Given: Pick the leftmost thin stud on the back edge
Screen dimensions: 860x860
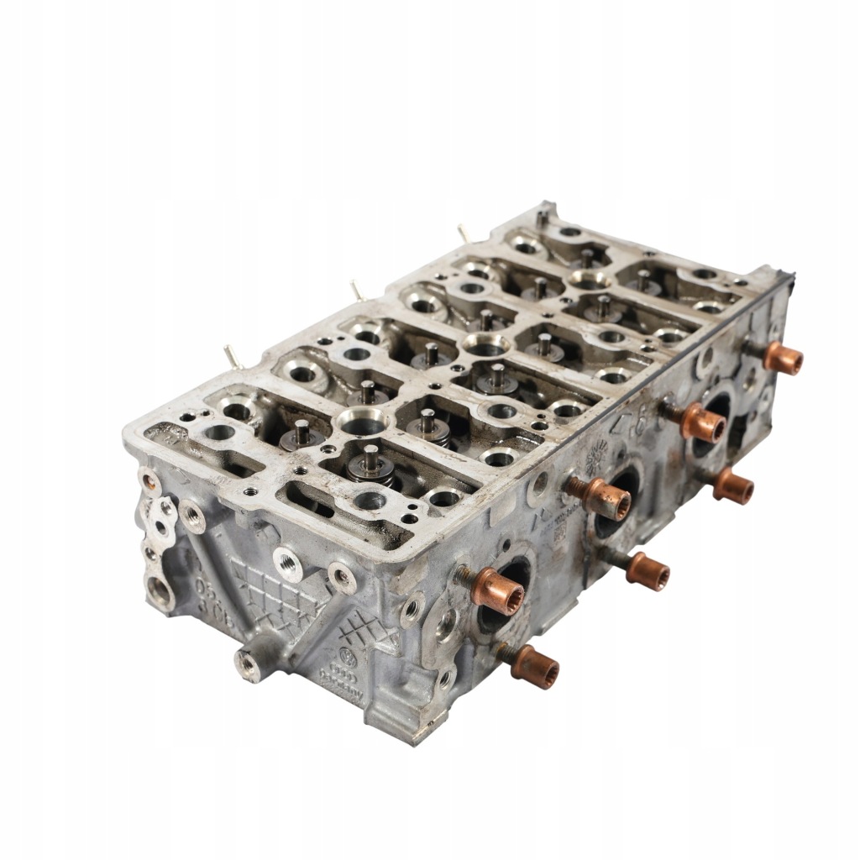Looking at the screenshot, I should pos(229,354).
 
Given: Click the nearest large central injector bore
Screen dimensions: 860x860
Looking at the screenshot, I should pos(364,419).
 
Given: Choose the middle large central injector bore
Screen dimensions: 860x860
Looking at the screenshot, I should pos(485,343).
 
